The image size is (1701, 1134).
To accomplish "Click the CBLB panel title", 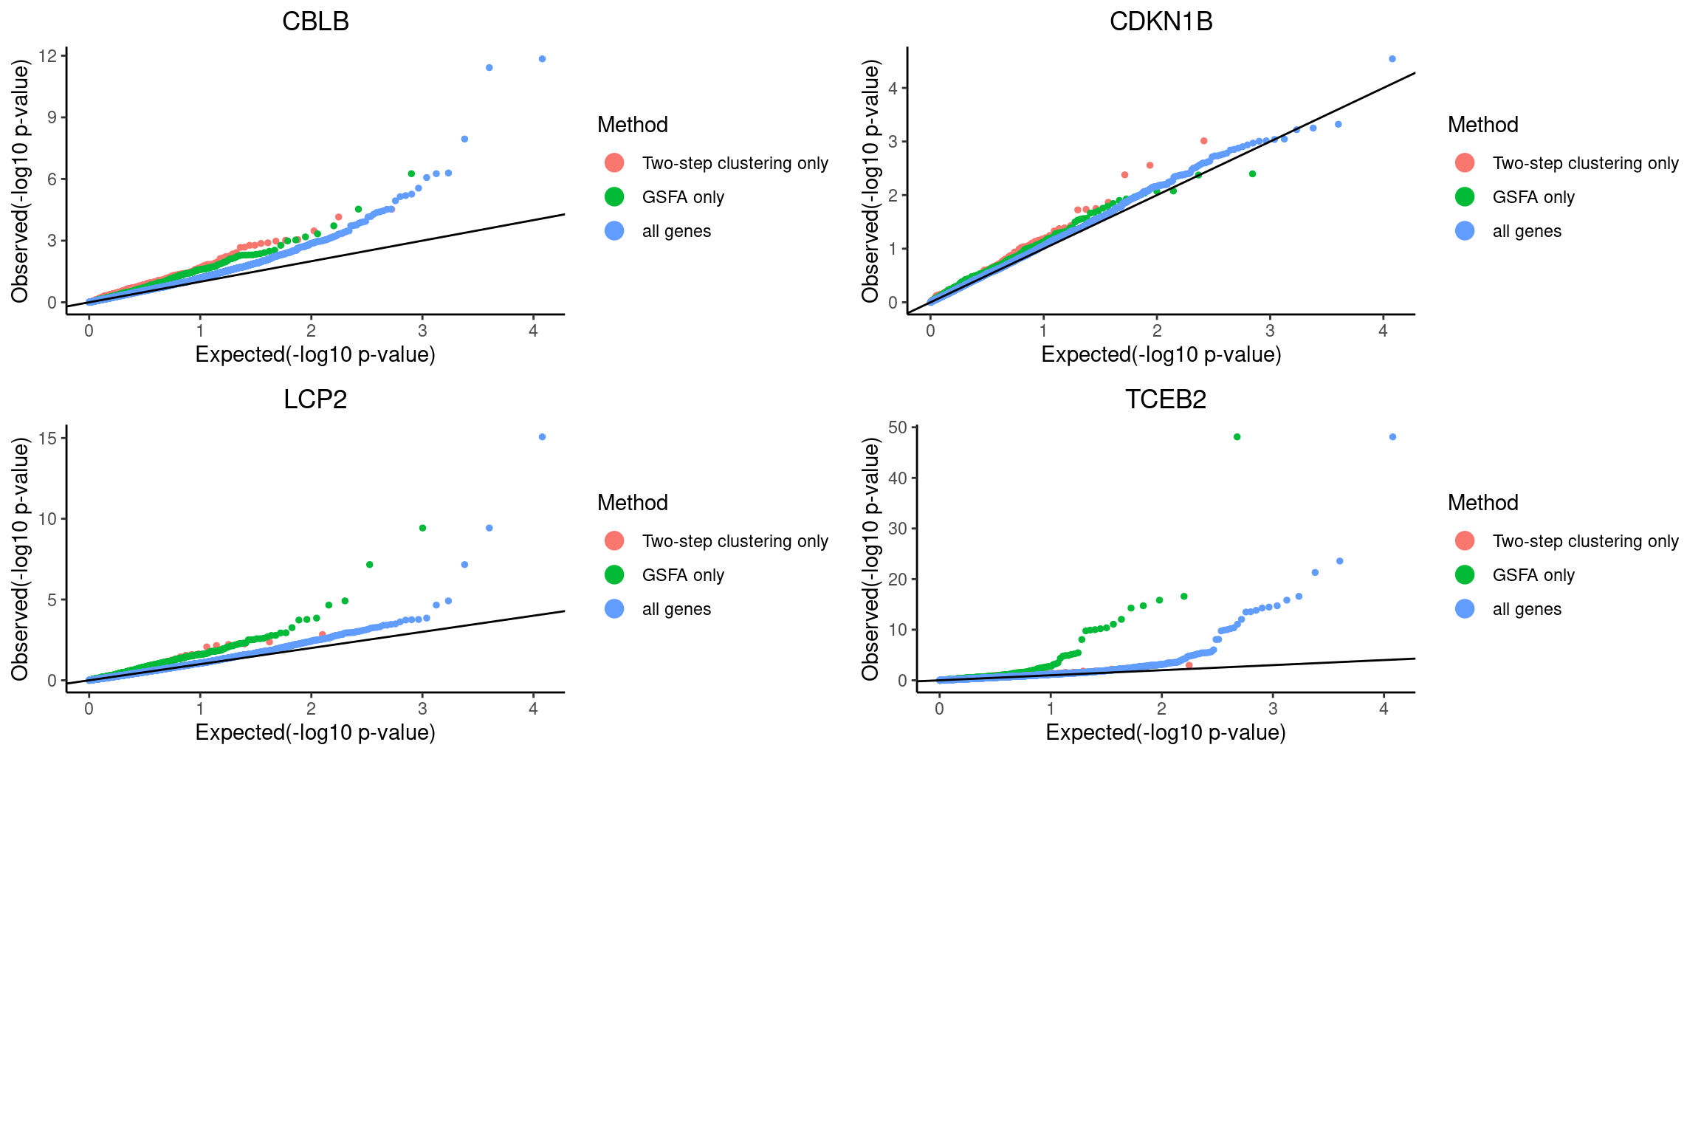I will pyautogui.click(x=315, y=21).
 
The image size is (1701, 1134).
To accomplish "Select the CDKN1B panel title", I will pyautogui.click(x=1161, y=21).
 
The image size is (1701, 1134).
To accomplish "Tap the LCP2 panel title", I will pyautogui.click(x=315, y=399).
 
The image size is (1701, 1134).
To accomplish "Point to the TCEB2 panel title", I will pyautogui.click(x=1165, y=399).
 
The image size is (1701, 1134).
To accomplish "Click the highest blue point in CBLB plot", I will pyautogui.click(x=542, y=59).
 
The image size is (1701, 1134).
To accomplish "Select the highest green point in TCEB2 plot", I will pyautogui.click(x=1237, y=437).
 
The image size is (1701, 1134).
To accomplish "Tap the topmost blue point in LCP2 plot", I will pyautogui.click(x=542, y=437).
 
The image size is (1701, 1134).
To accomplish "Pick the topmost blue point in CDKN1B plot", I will pyautogui.click(x=1392, y=59).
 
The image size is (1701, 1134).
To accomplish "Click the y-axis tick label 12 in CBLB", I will pyautogui.click(x=47, y=56).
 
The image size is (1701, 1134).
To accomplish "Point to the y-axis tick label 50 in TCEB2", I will pyautogui.click(x=898, y=427).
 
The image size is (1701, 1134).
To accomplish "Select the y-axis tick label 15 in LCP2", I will pyautogui.click(x=47, y=439).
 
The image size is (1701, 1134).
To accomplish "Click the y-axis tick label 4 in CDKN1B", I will pyautogui.click(x=893, y=89).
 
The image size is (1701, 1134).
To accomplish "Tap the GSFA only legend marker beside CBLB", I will pyautogui.click(x=614, y=197).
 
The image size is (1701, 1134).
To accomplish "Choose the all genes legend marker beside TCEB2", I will pyautogui.click(x=1465, y=609).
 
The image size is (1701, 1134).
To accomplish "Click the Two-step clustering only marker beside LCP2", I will pyautogui.click(x=614, y=541).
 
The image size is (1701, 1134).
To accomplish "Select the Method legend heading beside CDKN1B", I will pyautogui.click(x=1482, y=125).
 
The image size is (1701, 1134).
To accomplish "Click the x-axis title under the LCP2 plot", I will pyautogui.click(x=315, y=732).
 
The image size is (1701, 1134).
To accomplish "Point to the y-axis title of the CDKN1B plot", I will pyautogui.click(x=871, y=182).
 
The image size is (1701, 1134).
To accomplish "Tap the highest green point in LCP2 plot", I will pyautogui.click(x=422, y=528).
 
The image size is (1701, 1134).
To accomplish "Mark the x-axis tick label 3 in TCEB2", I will pyautogui.click(x=1273, y=709).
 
